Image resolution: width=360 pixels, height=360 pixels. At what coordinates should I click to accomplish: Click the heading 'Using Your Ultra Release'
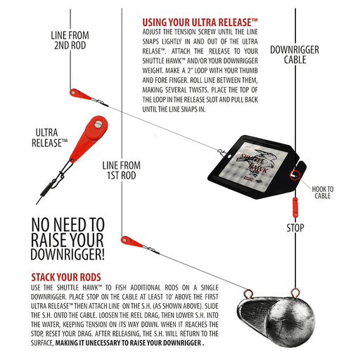coord(200,22)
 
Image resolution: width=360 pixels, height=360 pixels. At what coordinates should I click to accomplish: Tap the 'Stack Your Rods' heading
coord(66,277)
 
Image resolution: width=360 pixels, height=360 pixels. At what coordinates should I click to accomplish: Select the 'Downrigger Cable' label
coord(295,55)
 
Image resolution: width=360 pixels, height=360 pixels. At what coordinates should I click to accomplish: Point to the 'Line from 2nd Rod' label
coord(70,40)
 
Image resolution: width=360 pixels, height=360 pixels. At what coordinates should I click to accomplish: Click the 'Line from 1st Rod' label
coord(122,170)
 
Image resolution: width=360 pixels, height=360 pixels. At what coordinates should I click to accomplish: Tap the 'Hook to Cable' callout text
coord(323,193)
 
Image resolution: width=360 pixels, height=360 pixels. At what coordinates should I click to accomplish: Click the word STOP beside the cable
coord(295,228)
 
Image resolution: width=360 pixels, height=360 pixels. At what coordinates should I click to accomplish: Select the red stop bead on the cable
coord(295,207)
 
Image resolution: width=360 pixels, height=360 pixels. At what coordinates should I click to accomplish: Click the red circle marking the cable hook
coord(295,175)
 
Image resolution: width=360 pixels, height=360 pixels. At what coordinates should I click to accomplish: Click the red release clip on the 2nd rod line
coord(80,94)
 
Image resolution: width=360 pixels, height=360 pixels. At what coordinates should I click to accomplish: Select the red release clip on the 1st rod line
coord(131,242)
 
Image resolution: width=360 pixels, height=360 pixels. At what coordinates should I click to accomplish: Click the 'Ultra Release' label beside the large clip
coord(49,138)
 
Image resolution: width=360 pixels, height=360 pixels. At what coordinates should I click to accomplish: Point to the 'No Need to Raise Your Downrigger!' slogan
coord(67,239)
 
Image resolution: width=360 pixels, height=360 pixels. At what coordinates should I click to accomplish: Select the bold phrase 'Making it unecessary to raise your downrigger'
coord(129,343)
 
